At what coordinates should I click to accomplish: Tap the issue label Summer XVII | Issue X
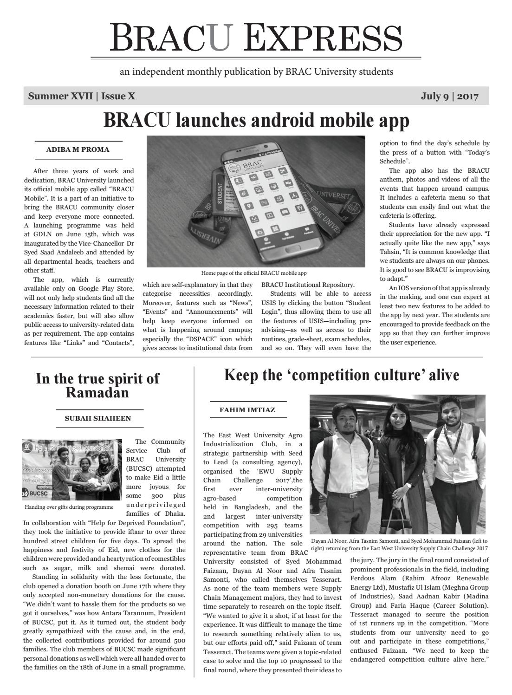(82, 96)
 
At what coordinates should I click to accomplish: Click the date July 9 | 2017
(449, 96)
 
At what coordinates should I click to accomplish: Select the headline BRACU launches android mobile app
(256, 120)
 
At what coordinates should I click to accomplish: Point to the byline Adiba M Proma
(78, 149)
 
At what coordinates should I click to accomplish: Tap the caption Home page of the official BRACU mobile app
(253, 273)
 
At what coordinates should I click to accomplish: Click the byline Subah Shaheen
(97, 418)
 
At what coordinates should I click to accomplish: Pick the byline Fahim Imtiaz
(247, 410)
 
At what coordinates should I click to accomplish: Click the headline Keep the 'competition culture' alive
(341, 375)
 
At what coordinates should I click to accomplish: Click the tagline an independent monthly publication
(256, 72)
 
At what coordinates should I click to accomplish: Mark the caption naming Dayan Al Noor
(399, 545)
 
